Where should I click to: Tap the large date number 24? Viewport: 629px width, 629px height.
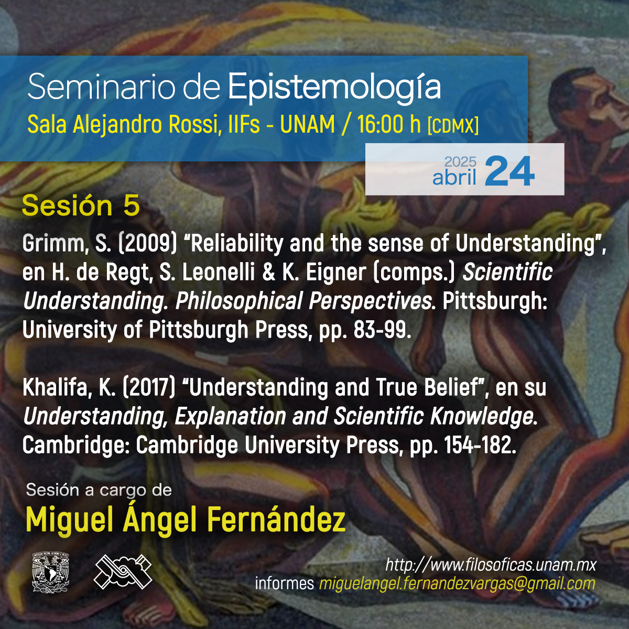510,171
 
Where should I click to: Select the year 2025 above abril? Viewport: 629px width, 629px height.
460,161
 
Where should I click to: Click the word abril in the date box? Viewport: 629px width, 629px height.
454,177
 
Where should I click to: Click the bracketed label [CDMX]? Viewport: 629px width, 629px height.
453,126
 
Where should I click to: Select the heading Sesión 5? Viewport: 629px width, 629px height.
81,205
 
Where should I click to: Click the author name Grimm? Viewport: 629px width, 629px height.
55,244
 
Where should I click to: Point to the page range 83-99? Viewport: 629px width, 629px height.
382,330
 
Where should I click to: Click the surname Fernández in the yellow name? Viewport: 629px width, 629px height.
276,519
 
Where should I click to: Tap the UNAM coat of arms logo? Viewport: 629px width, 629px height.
50,572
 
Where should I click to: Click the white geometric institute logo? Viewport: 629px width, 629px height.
123,572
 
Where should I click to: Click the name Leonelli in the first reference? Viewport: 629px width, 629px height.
218,273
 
